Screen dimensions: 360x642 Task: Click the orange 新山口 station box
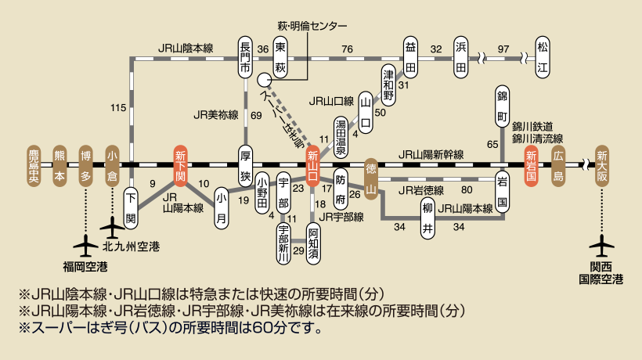(x=314, y=165)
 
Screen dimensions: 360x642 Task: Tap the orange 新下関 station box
(x=180, y=165)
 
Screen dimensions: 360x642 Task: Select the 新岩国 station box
(x=531, y=165)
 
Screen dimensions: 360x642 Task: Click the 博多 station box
(x=85, y=165)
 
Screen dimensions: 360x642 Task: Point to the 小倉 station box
(x=111, y=165)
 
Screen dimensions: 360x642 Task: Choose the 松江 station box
(x=542, y=57)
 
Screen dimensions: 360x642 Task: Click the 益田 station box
(x=410, y=57)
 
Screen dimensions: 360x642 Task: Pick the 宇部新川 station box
(x=284, y=242)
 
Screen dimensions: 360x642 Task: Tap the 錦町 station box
(x=503, y=106)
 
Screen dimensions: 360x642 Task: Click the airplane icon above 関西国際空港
(x=601, y=246)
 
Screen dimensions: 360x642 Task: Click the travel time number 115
(x=119, y=106)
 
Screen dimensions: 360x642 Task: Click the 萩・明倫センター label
(x=312, y=26)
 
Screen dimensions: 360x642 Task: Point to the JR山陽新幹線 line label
(x=430, y=155)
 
